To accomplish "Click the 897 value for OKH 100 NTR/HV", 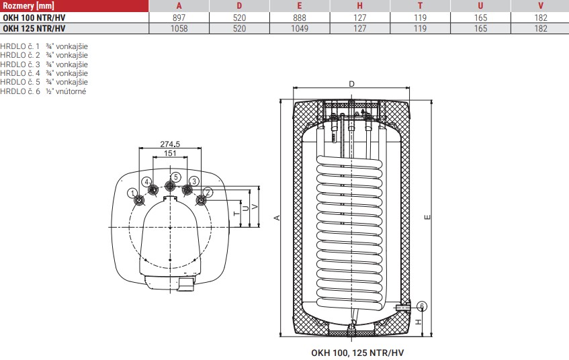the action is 179,17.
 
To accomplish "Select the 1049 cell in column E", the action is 300,28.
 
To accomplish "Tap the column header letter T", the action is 420,6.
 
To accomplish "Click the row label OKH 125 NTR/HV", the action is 34,28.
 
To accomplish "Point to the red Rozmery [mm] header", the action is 28,6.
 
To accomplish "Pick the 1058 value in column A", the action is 179,28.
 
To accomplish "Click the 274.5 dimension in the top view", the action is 170,144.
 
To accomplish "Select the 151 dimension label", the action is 170,153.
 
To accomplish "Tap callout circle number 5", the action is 175,177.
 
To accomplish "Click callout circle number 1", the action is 132,193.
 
